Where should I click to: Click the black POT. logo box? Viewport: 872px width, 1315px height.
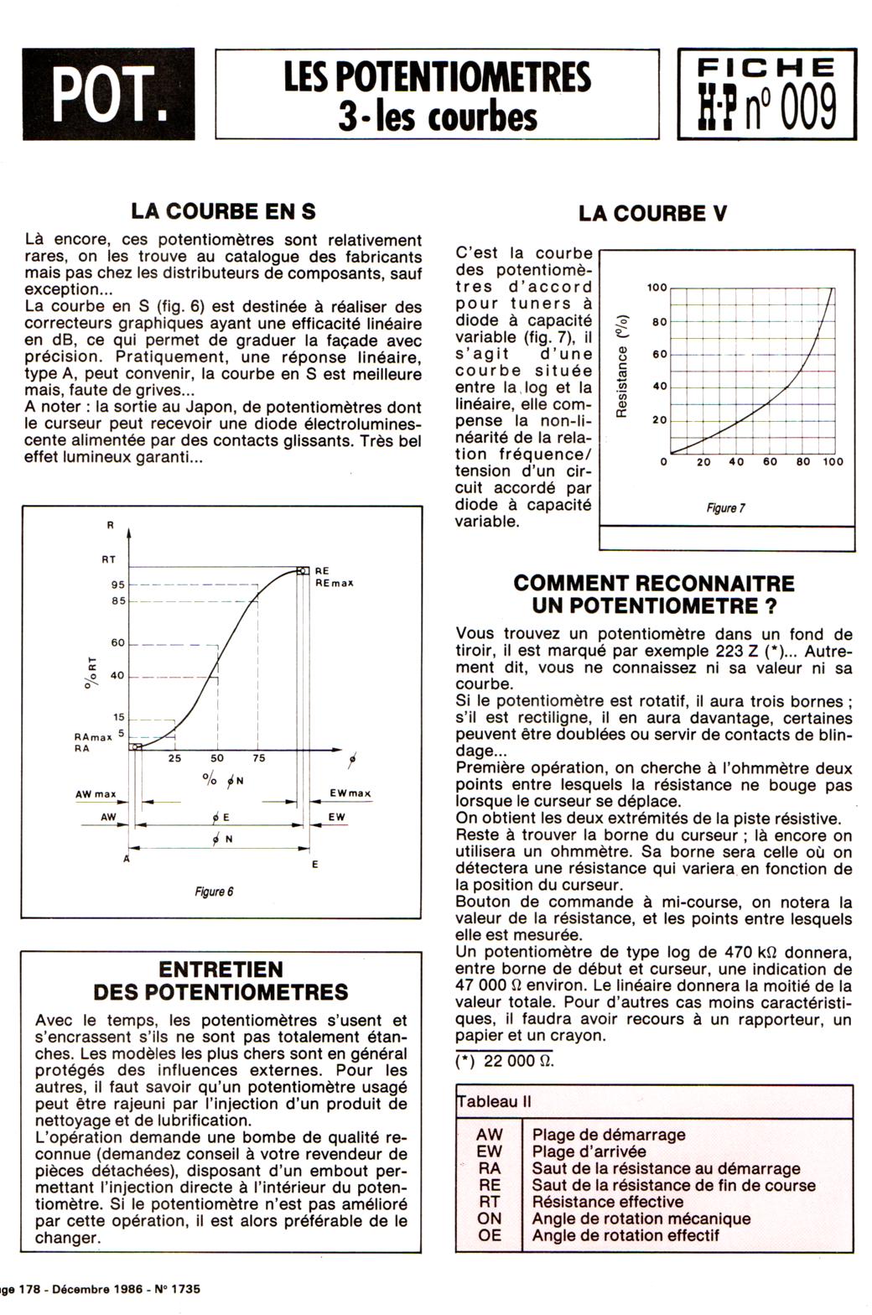coord(108,93)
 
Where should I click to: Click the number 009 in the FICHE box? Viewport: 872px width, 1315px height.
coord(806,109)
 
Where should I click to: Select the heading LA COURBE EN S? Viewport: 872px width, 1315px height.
coord(223,211)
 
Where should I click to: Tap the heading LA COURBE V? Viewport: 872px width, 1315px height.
coord(652,214)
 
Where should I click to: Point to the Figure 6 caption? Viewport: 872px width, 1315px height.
coord(214,891)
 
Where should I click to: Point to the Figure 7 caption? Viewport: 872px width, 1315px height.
coord(725,508)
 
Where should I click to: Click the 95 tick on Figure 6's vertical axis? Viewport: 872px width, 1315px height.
coord(117,585)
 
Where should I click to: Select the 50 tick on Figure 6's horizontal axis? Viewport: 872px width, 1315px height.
coord(217,758)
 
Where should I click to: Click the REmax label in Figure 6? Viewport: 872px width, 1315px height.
coord(335,583)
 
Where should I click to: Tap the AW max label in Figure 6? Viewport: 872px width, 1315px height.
coord(96,794)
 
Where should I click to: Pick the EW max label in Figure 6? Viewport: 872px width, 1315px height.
coord(350,793)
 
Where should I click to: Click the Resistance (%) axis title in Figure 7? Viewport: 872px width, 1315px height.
coord(621,366)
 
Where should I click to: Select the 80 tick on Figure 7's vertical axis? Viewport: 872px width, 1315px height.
coord(660,322)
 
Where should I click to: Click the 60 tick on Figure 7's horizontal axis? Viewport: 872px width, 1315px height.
coord(770,462)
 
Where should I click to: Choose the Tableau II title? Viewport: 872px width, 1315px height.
coord(495,1102)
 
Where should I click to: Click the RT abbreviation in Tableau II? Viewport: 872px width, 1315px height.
coord(489,1202)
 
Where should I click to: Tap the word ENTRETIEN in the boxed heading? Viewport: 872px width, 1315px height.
coord(221,969)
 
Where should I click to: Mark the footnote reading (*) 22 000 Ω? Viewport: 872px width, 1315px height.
coord(505,1060)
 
